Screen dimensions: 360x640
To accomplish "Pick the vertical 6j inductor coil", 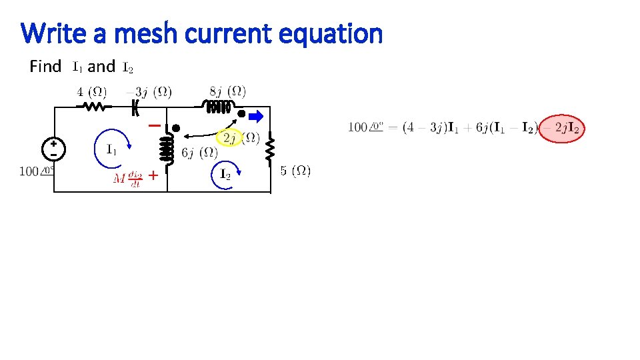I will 167,148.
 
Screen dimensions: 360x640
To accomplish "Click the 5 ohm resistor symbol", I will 270,149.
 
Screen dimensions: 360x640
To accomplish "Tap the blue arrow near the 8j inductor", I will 256,117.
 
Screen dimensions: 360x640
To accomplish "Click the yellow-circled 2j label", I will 231,138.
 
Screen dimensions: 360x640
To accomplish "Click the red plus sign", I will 153,176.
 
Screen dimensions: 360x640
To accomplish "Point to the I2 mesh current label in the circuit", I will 225,175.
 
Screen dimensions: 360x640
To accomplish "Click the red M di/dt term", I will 127,179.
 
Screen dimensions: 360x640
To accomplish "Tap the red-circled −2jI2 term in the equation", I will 562,127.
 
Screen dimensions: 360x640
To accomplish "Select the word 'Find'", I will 45,67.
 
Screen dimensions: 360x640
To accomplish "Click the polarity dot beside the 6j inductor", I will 176,127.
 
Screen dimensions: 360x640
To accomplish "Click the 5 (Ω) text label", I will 295,171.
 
